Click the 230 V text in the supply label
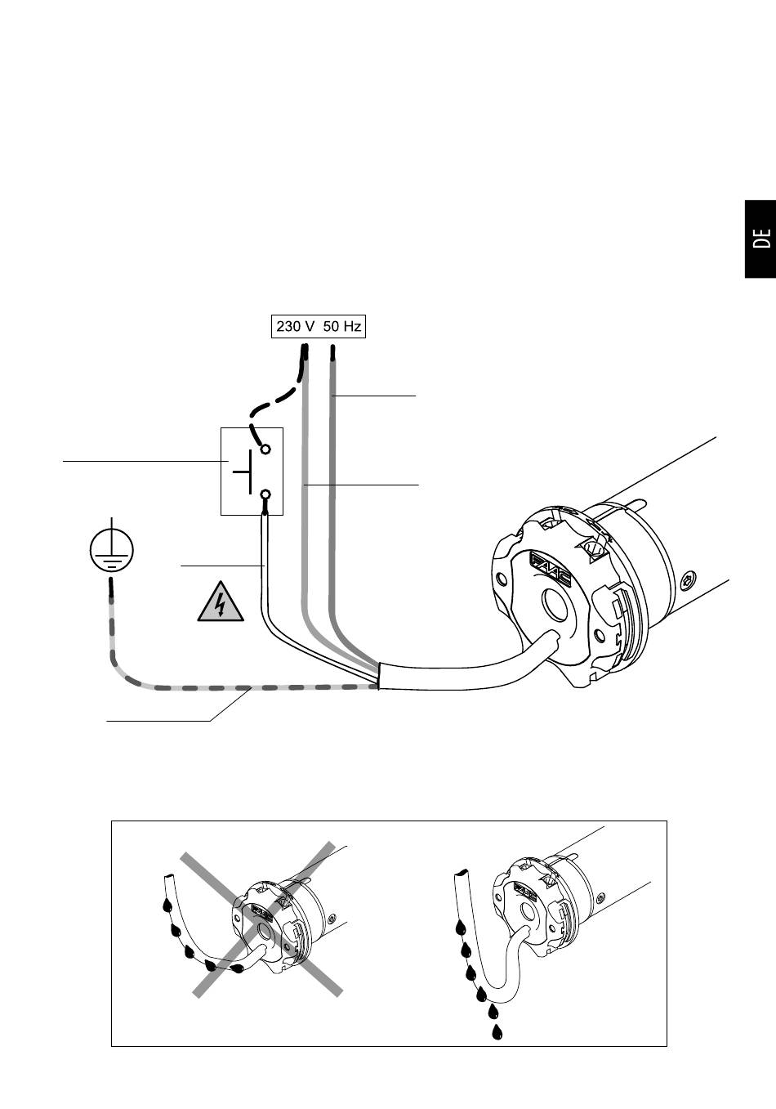[x=296, y=327]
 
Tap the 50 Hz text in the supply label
[x=342, y=327]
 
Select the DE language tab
[x=760, y=239]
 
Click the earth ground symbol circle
[x=112, y=550]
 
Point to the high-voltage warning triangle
[x=221, y=601]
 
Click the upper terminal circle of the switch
[x=265, y=449]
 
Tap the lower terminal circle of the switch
[x=265, y=494]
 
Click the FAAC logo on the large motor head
[x=551, y=570]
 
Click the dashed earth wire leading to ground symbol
[x=198, y=687]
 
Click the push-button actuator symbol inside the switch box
[x=243, y=472]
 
